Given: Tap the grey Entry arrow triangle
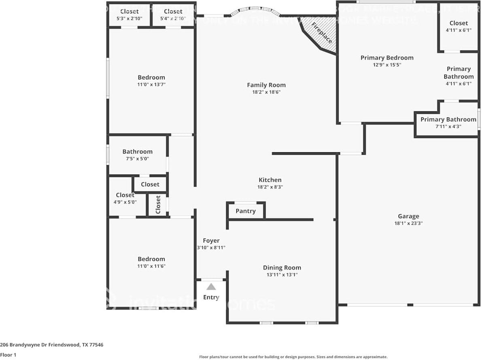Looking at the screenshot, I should coord(211,287).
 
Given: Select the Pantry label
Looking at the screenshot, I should coord(246,211).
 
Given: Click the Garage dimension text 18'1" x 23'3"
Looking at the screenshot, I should coord(408,223).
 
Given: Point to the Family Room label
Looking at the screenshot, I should coord(266,85).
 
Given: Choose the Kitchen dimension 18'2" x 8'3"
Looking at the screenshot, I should coord(270,187).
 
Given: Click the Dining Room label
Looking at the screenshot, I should coord(282,268).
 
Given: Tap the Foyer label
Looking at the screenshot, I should coord(211,241).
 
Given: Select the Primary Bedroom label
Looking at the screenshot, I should coord(387,58).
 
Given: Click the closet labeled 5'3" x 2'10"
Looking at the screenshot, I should coord(129,15).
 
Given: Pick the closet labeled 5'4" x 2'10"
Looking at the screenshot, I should coord(173,15).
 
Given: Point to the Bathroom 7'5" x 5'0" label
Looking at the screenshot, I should coord(138,155).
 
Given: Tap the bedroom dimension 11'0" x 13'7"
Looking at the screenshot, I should coord(151,85).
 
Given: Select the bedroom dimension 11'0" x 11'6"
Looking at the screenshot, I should coord(151,266).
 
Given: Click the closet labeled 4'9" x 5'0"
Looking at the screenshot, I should coord(125,198).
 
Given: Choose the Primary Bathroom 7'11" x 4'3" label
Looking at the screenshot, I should coord(448,122).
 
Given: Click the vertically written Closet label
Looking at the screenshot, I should coord(158,205).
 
